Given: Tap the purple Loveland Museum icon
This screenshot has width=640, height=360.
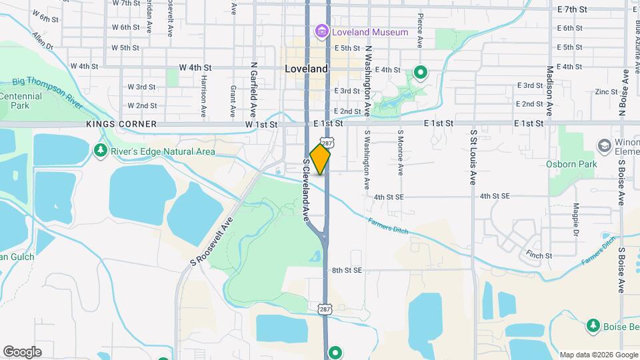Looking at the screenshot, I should (322, 31).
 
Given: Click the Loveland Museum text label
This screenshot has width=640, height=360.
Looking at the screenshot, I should (371, 32).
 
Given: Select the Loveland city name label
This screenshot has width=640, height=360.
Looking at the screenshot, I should (306, 69).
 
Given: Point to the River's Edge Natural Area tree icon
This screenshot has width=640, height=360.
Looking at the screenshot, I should (101, 151).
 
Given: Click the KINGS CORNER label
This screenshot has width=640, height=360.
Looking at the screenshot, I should (121, 125).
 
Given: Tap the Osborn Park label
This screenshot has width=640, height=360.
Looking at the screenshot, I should (571, 164).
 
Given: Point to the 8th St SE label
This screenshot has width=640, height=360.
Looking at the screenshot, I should (347, 270).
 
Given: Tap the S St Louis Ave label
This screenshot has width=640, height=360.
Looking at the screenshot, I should (473, 157).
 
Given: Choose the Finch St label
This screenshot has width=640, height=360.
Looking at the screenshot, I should (539, 255).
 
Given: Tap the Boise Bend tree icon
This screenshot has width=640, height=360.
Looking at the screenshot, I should (593, 325).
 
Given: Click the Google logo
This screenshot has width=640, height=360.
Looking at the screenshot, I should (22, 352).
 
